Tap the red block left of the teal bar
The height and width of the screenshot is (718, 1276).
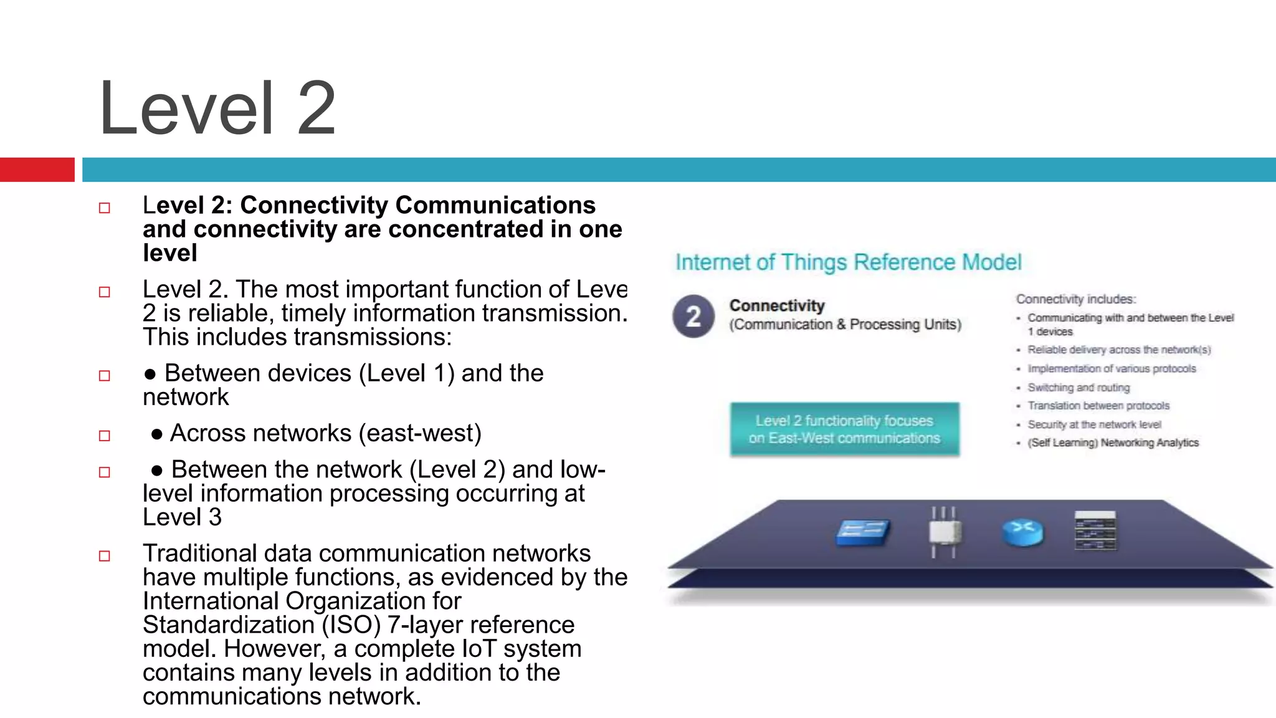click(x=37, y=170)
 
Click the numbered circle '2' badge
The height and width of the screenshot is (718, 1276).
click(x=693, y=316)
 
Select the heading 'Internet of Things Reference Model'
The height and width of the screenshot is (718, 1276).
click(x=848, y=262)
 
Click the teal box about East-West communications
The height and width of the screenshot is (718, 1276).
click(x=844, y=429)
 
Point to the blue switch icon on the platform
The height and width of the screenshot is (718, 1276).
click(x=862, y=532)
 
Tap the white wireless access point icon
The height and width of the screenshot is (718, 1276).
click(x=944, y=532)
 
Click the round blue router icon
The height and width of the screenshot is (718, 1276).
click(x=1022, y=532)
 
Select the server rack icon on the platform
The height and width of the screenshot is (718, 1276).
click(x=1095, y=531)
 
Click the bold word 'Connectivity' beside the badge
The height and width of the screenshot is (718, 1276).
click(x=777, y=305)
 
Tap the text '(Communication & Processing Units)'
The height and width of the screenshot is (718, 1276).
click(x=845, y=325)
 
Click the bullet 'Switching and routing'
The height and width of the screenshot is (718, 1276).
click(x=1078, y=388)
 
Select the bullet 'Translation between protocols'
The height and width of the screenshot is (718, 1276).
click(x=1098, y=406)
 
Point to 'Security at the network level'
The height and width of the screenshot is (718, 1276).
click(x=1094, y=424)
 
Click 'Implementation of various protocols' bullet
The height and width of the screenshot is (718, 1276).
click(x=1112, y=369)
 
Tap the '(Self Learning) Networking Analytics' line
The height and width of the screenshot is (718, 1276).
click(x=1113, y=443)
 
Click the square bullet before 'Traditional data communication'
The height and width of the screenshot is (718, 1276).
click(x=105, y=556)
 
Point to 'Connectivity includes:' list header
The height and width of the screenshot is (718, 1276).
click(x=1076, y=299)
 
